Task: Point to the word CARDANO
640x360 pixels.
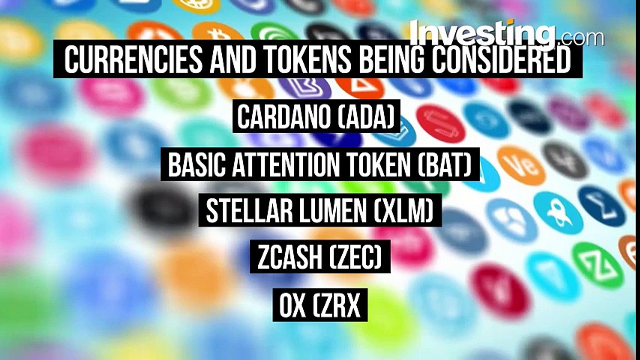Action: click(282, 117)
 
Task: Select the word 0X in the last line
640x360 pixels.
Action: click(292, 305)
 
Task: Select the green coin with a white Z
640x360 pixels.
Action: click(597, 265)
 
